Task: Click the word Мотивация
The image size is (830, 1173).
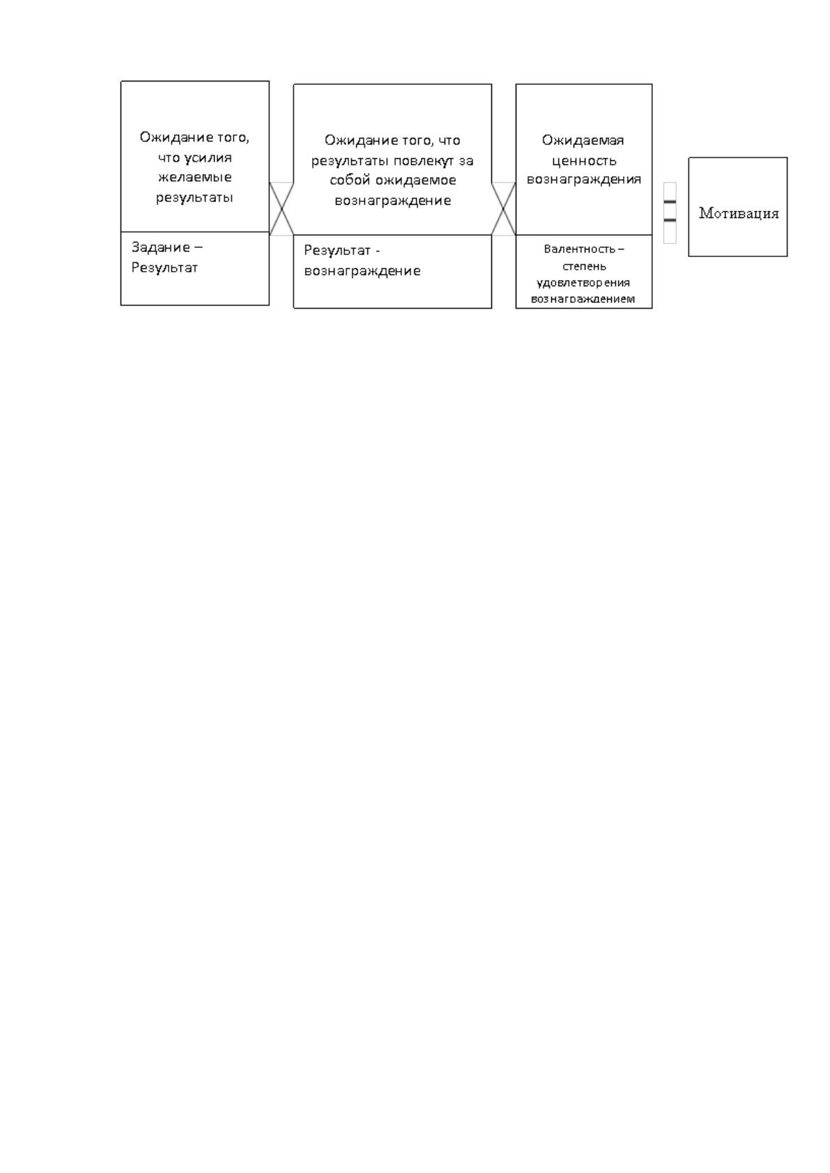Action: pos(738,213)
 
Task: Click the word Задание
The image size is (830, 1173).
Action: pos(160,247)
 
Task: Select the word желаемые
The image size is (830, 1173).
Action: pos(195,177)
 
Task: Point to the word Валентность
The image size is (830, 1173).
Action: pos(579,249)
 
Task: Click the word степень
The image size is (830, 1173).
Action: pos(584,266)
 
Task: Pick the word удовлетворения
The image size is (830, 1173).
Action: pos(583,283)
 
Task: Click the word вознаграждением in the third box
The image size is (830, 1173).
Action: pos(583,299)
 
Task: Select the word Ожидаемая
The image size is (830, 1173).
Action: pos(583,140)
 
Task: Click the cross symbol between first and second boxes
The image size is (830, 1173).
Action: pos(282,209)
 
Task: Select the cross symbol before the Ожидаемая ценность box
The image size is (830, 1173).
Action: pos(504,209)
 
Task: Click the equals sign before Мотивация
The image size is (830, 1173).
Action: pos(670,211)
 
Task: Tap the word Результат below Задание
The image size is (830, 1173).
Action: pos(164,267)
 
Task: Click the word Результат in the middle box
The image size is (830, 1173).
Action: pos(337,250)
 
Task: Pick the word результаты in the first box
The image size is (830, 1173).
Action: pos(194,198)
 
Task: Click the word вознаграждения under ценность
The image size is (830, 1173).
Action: pos(584,180)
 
